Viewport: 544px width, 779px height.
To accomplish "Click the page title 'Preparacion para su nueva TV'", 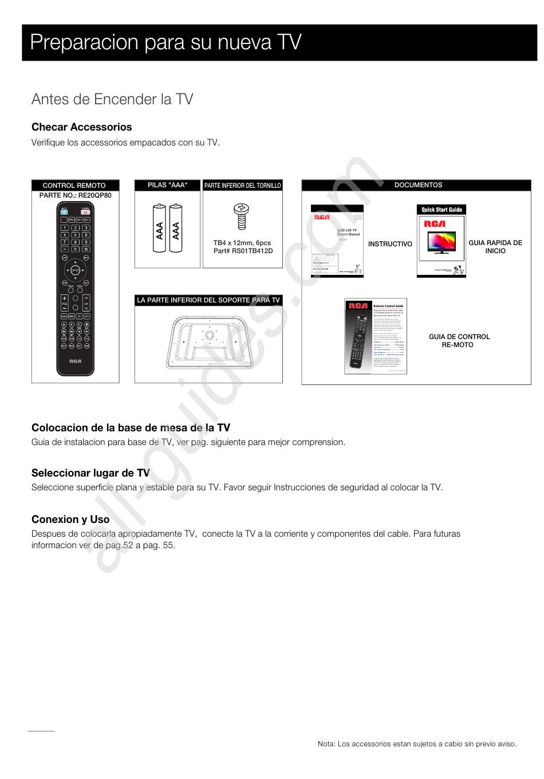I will (x=166, y=42).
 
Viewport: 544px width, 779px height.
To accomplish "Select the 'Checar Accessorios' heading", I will (x=82, y=127).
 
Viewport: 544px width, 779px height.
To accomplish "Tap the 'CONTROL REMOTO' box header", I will (x=74, y=186).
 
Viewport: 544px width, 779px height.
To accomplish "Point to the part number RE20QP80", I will (x=75, y=195).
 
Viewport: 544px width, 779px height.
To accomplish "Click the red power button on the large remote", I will (x=86, y=211).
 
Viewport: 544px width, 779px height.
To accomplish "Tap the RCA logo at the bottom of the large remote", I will (x=75, y=361).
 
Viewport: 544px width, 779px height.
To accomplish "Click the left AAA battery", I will (x=160, y=228).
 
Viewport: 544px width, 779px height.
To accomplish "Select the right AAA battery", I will (x=176, y=228).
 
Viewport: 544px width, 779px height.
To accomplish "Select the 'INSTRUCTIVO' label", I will (x=390, y=244).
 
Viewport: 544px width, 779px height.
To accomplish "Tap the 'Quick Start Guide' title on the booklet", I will (x=441, y=210).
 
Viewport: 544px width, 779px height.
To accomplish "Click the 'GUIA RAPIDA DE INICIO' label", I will (x=495, y=247).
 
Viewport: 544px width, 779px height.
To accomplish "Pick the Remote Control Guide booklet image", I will (x=376, y=336).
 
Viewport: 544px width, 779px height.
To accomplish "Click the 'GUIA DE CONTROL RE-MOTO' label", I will (x=459, y=341).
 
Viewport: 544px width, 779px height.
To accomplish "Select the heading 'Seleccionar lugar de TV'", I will (x=90, y=473).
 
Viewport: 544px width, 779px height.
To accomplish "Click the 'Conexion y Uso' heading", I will (x=70, y=520).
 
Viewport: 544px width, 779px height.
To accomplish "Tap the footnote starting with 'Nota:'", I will (x=417, y=744).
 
